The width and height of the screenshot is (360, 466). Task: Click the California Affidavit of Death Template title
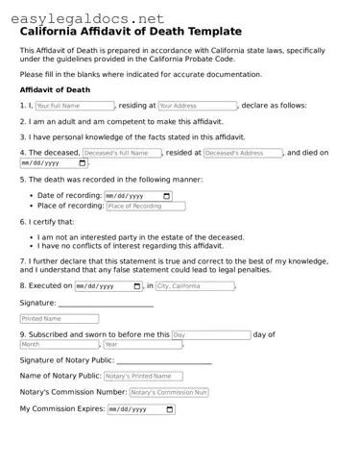131,32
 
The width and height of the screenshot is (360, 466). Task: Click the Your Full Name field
74,106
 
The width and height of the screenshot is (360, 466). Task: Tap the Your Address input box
197,106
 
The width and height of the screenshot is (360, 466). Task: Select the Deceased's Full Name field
121,153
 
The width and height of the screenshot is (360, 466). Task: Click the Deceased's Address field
243,153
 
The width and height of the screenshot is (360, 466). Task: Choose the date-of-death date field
53,163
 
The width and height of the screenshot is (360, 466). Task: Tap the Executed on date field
108,286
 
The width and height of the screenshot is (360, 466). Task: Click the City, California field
195,286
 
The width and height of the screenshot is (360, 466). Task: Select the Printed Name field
59,318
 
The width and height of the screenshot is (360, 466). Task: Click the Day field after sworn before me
210,334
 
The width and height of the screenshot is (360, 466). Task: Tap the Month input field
59,344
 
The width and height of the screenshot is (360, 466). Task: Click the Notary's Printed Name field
142,377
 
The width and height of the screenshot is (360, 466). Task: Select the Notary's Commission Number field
168,393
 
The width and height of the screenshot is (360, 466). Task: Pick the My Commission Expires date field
141,409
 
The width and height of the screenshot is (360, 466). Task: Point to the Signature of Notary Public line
164,362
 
